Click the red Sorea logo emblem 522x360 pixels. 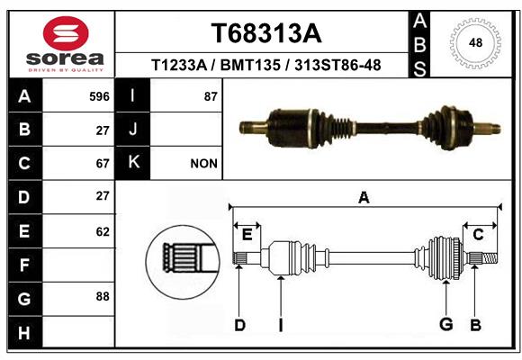(x=66, y=33)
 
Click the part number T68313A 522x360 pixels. (x=266, y=33)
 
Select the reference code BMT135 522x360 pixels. (x=250, y=65)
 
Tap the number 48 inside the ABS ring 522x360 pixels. (x=475, y=42)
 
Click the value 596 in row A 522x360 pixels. (x=99, y=96)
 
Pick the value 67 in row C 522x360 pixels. (x=103, y=164)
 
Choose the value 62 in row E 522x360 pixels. (x=103, y=231)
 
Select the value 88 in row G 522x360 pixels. (x=103, y=296)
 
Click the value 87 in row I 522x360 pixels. (x=211, y=96)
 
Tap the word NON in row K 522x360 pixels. (x=203, y=164)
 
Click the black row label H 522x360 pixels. (x=25, y=332)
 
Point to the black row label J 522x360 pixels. (x=132, y=130)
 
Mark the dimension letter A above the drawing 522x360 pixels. (x=364, y=198)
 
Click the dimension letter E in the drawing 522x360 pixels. (x=247, y=235)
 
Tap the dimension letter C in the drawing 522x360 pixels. (x=478, y=235)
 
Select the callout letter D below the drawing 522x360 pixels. (x=239, y=325)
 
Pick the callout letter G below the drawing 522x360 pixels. (x=446, y=324)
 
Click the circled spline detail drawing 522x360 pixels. (x=183, y=262)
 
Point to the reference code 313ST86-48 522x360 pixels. (x=337, y=65)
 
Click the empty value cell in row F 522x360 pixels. (x=78, y=265)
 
